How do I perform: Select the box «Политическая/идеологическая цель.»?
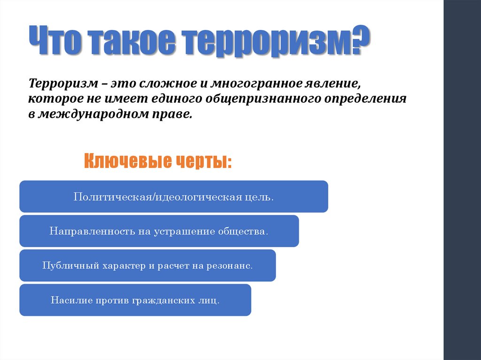coord(173,196)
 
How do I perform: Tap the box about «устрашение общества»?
coord(159,231)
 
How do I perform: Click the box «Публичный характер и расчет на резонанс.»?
coord(147,265)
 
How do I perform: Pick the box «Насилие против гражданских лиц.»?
coord(135,300)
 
